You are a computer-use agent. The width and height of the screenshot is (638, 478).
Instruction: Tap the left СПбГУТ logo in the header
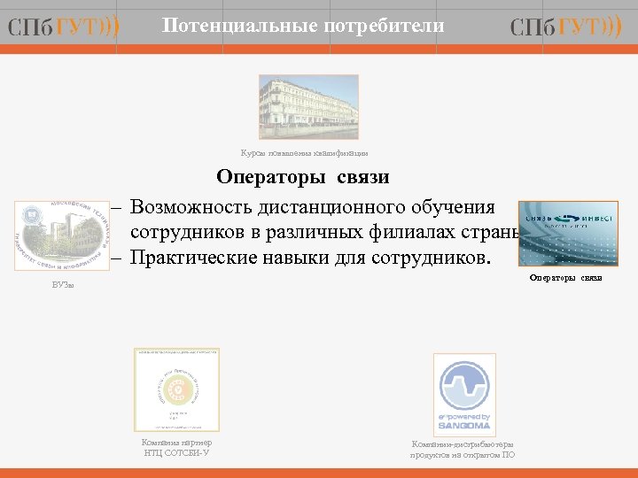pyautogui.click(x=64, y=27)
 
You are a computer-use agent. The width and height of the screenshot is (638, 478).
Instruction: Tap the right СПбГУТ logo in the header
pyautogui.click(x=566, y=27)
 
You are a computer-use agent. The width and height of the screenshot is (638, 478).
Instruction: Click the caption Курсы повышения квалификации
pyautogui.click(x=304, y=152)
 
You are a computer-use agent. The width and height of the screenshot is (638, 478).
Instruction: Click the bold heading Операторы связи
pyautogui.click(x=302, y=178)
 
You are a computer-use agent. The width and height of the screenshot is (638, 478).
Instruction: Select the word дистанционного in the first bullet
pyautogui.click(x=329, y=207)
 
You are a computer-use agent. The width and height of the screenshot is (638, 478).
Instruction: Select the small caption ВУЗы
pyautogui.click(x=63, y=285)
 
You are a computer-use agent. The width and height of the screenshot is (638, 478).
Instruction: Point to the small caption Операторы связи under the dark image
pyautogui.click(x=565, y=278)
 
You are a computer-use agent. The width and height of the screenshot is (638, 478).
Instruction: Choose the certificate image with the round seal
pyautogui.click(x=176, y=389)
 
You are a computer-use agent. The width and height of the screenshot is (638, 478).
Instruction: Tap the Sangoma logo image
pyautogui.click(x=464, y=392)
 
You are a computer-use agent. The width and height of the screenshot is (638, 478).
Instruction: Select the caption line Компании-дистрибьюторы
pyautogui.click(x=462, y=443)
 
